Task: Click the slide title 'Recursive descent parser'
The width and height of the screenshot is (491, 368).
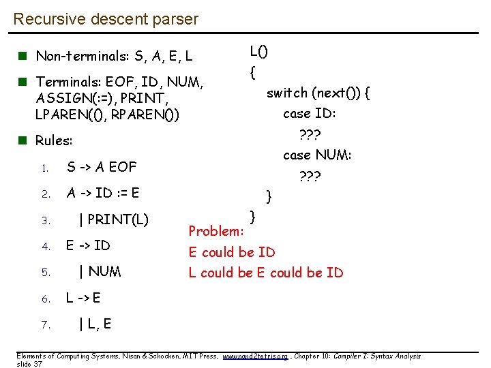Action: click(106, 19)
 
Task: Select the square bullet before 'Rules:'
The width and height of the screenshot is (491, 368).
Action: click(24, 141)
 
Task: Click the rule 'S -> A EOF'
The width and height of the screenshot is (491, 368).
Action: click(102, 167)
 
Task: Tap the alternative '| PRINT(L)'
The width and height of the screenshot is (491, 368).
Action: click(114, 219)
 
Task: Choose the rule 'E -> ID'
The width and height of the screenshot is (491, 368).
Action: click(88, 245)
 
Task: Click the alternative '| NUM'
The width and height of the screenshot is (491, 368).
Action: click(100, 272)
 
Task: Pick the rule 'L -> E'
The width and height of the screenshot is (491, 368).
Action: click(83, 298)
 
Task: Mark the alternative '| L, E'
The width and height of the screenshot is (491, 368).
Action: click(95, 324)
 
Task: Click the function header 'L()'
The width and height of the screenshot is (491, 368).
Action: click(258, 50)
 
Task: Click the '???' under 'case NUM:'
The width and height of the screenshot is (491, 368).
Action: click(310, 176)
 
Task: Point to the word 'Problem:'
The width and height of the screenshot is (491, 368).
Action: click(216, 231)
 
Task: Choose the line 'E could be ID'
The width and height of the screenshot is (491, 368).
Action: click(232, 252)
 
